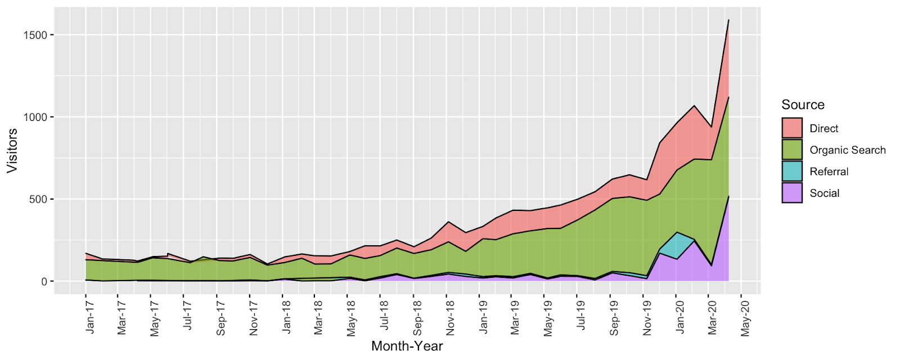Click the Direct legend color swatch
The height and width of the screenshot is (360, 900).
click(x=792, y=128)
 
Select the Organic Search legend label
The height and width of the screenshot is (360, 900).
click(x=847, y=150)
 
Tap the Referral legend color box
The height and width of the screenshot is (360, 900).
click(x=792, y=172)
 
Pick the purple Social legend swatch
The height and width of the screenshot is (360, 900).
click(x=792, y=193)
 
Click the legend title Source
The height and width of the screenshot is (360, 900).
click(x=803, y=105)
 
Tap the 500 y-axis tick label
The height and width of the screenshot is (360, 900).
click(x=40, y=199)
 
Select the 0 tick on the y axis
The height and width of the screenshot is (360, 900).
click(x=44, y=281)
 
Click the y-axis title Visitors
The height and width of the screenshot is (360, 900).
click(x=12, y=150)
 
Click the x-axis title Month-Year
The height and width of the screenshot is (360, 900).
click(x=407, y=346)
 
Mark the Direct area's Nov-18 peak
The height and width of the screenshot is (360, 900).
click(x=448, y=222)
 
